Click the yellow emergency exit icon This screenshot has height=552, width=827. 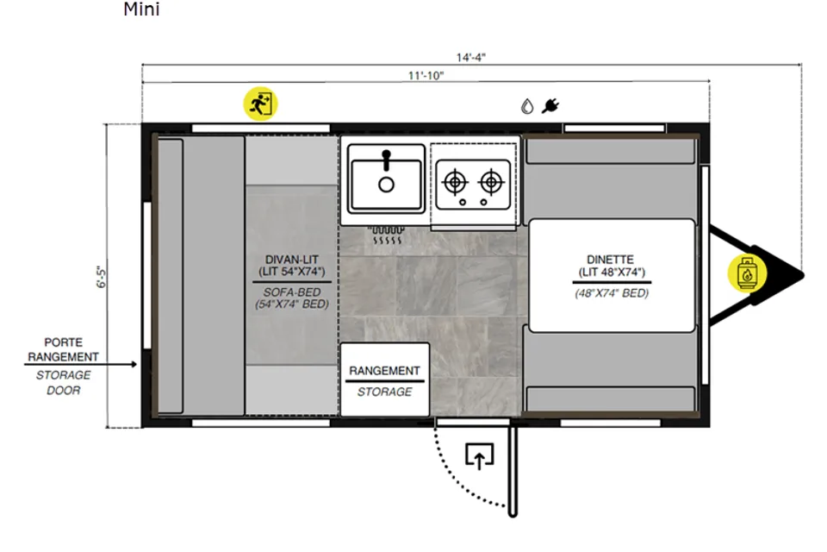260,103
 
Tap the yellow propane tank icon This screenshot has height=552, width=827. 746,273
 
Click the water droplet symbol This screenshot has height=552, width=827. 527,106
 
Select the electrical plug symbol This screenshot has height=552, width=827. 550,105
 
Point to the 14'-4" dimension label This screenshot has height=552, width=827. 470,57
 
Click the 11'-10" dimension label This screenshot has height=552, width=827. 426,76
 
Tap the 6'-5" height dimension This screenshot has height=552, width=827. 102,277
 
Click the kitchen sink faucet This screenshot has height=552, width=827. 387,160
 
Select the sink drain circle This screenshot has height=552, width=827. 387,185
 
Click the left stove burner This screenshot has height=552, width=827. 455,182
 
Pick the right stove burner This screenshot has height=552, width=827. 491,182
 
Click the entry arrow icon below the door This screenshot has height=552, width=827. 479,456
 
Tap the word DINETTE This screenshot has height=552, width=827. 610,260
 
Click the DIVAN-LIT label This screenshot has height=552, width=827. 292,260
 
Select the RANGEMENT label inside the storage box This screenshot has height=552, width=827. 384,371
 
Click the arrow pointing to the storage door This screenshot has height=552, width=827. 81,364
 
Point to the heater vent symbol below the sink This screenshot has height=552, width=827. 386,235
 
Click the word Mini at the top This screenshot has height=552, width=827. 141,9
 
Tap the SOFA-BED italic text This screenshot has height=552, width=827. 292,292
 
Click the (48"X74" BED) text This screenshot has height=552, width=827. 612,293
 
